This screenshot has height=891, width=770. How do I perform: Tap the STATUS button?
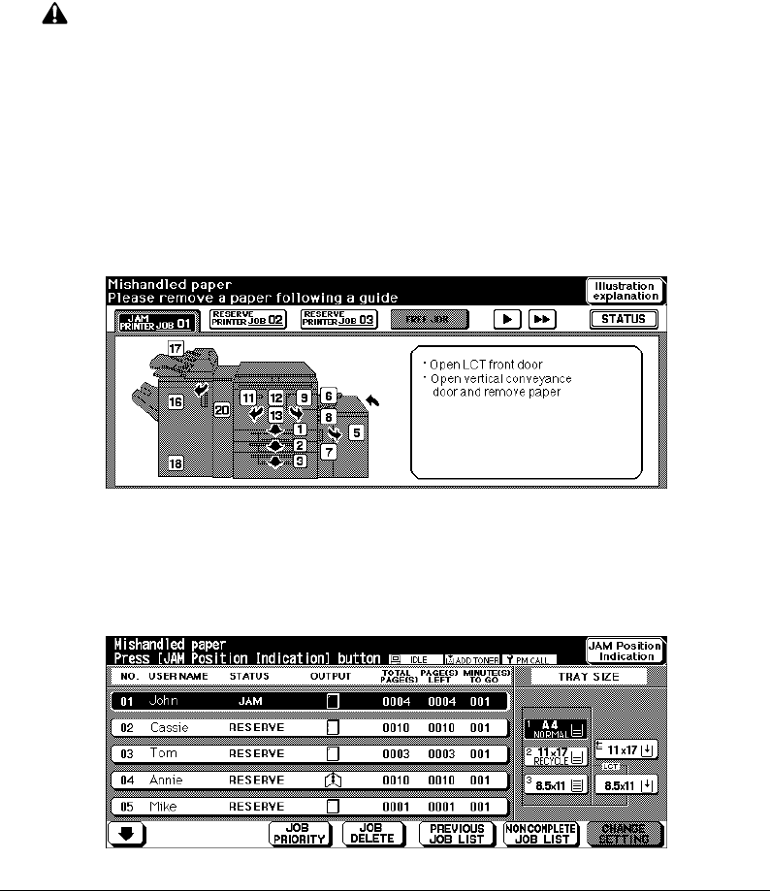click(x=623, y=318)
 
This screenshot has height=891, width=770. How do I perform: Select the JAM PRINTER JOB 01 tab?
click(x=157, y=320)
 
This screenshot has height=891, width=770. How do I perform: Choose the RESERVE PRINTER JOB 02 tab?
click(x=247, y=318)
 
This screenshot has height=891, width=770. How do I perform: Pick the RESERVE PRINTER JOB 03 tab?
click(x=337, y=318)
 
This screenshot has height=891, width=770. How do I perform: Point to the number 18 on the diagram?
click(x=176, y=463)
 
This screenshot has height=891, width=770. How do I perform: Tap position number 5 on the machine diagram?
click(x=355, y=432)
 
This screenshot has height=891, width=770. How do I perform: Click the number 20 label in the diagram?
click(x=220, y=410)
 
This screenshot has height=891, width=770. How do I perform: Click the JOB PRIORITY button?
click(x=301, y=834)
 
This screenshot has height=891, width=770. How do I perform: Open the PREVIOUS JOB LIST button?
click(x=458, y=834)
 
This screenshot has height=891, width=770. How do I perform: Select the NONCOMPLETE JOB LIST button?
click(x=541, y=834)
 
